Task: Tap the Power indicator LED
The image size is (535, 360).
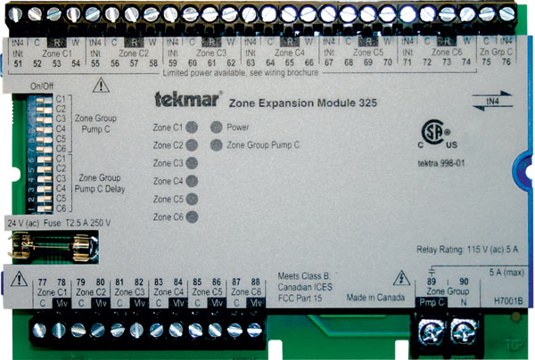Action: [216, 127]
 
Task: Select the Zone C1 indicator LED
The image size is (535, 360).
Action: [192, 127]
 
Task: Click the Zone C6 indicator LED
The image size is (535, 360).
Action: [192, 217]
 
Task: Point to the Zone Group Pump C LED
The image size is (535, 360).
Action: [216, 144]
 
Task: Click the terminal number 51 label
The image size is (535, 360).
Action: [19, 63]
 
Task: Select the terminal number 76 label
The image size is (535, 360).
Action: [506, 63]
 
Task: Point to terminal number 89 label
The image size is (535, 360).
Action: [432, 282]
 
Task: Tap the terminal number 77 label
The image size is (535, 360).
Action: [42, 282]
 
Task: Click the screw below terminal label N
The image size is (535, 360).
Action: [461, 334]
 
